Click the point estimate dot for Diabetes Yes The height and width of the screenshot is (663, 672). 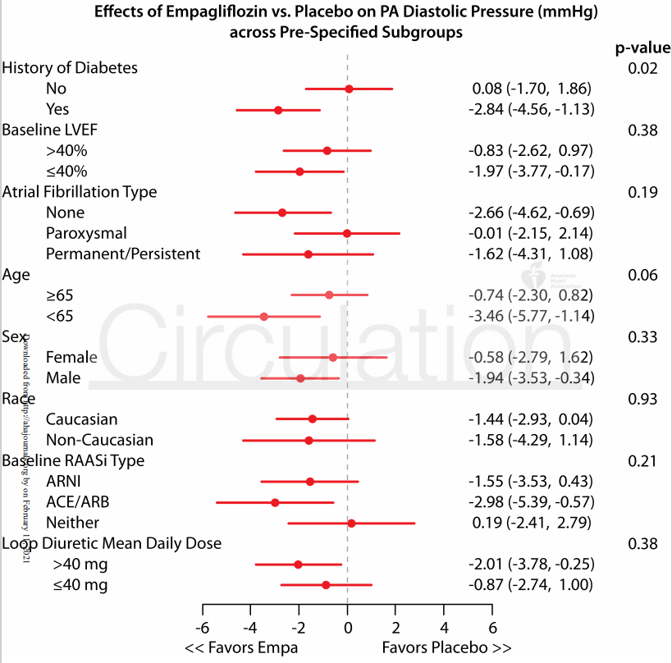(x=278, y=109)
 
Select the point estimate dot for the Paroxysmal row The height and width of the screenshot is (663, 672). (x=347, y=234)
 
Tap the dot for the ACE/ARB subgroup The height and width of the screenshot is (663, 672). (x=275, y=502)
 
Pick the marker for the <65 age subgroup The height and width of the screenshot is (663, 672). (x=264, y=316)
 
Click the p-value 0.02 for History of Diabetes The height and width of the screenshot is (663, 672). (x=642, y=67)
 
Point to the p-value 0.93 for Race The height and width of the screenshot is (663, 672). (x=642, y=399)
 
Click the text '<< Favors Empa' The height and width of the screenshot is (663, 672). (x=241, y=647)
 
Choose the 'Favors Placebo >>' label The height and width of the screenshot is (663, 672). (x=446, y=647)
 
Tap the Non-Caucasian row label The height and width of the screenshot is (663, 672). (x=99, y=440)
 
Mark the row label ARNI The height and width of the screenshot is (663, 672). (x=64, y=481)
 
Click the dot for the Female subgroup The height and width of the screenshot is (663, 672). (x=333, y=357)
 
